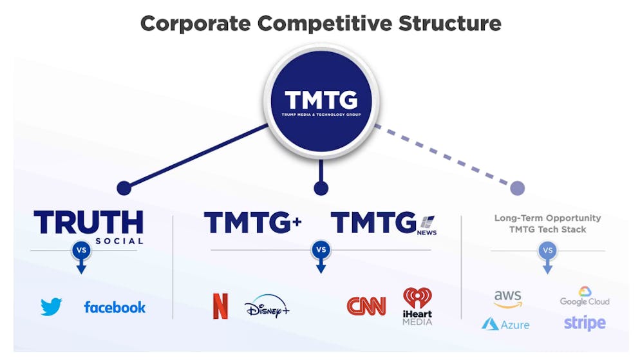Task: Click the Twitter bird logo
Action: pos(51,307)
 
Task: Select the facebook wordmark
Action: pos(115,307)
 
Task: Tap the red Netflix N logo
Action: pos(220,306)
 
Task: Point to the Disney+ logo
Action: pos(267,307)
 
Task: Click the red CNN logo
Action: pos(366,306)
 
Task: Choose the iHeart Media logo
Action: pos(417,306)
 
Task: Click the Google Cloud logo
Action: pos(585,296)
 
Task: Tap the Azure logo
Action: pos(505,325)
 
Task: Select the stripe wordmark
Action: pos(585,323)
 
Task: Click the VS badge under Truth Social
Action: pos(81,250)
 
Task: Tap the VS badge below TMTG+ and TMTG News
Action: pos(321,249)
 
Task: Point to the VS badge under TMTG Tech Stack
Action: pos(547,251)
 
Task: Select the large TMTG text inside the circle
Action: pos(321,100)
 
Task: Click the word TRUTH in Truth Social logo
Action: pos(89,222)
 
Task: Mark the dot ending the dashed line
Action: pos(517,188)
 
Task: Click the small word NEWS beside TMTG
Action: pos(426,232)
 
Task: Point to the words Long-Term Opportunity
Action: pos(548,218)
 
